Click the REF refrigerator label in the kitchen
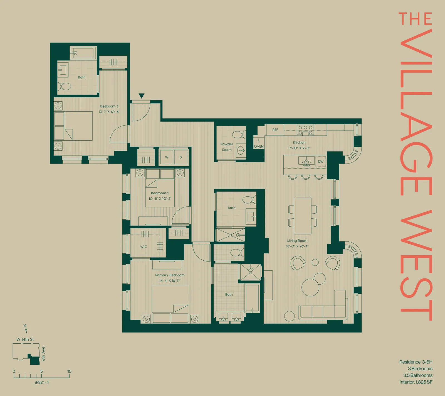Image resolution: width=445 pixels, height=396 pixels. click(275, 130)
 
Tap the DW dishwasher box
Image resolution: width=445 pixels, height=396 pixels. click(321, 162)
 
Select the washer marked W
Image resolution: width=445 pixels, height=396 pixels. click(167, 157)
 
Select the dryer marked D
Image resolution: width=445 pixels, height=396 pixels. click(181, 157)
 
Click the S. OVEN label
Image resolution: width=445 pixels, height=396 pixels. click(259, 144)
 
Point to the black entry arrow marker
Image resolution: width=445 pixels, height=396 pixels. click(141, 96)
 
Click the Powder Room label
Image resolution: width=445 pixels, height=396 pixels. click(227, 147)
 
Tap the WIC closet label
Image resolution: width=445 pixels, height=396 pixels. click(144, 247)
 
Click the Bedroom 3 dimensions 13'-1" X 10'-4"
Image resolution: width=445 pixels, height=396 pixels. click(109, 112)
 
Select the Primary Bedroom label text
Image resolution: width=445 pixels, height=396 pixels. click(170, 275)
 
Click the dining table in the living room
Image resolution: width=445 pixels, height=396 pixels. click(303, 216)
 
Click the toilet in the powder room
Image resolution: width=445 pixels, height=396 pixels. click(238, 135)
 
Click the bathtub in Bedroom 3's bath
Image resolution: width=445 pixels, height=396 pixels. click(83, 53)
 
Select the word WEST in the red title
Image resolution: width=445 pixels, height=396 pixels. click(416, 265)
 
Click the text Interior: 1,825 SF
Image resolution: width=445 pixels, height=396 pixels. click(416, 382)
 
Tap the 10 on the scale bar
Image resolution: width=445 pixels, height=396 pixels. click(69, 371)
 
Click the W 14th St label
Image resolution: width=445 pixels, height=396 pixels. click(25, 339)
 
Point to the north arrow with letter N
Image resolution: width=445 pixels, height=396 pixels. click(26, 329)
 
